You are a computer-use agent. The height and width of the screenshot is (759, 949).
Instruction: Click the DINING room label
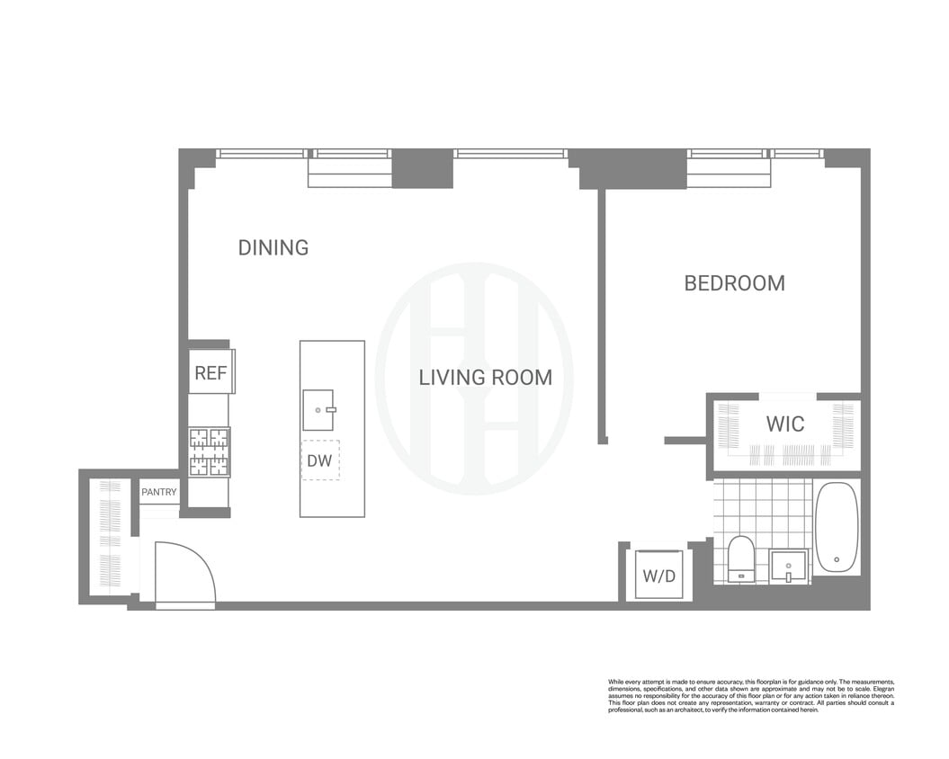tap(273, 247)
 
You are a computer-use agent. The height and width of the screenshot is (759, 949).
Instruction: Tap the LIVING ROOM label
tap(485, 378)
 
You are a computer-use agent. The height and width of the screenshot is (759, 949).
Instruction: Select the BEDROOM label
tap(734, 283)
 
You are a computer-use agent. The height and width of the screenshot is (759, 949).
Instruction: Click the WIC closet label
tap(784, 424)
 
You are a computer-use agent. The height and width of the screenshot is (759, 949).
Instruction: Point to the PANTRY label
tap(159, 493)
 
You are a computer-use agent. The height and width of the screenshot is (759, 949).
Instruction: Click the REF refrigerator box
tap(210, 372)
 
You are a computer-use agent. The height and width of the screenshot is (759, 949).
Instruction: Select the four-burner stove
tap(209, 451)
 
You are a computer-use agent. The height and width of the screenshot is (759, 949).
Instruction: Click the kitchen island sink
tap(318, 410)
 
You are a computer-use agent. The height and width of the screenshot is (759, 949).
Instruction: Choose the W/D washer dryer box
tap(659, 576)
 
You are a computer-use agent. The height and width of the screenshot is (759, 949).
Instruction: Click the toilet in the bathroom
tap(741, 558)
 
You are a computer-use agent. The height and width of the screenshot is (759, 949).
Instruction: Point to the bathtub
tap(837, 527)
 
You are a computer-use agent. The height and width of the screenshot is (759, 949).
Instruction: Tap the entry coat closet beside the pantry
tap(110, 538)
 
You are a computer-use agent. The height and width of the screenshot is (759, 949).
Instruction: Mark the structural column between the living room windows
tap(422, 168)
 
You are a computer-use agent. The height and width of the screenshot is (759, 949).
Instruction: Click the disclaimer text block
tap(751, 695)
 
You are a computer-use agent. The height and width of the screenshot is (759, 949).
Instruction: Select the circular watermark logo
tap(474, 378)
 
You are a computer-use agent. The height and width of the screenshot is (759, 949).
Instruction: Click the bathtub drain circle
tap(837, 559)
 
